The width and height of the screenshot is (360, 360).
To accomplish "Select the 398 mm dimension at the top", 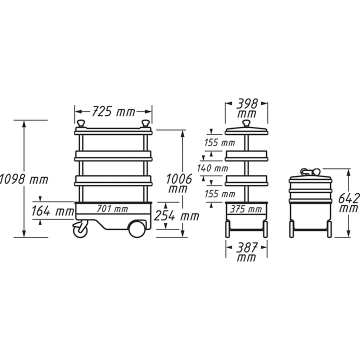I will coord(246,109).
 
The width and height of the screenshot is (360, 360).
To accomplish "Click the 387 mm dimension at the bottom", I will coord(246,252).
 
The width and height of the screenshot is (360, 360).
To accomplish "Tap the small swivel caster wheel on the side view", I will coord(80,230).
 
